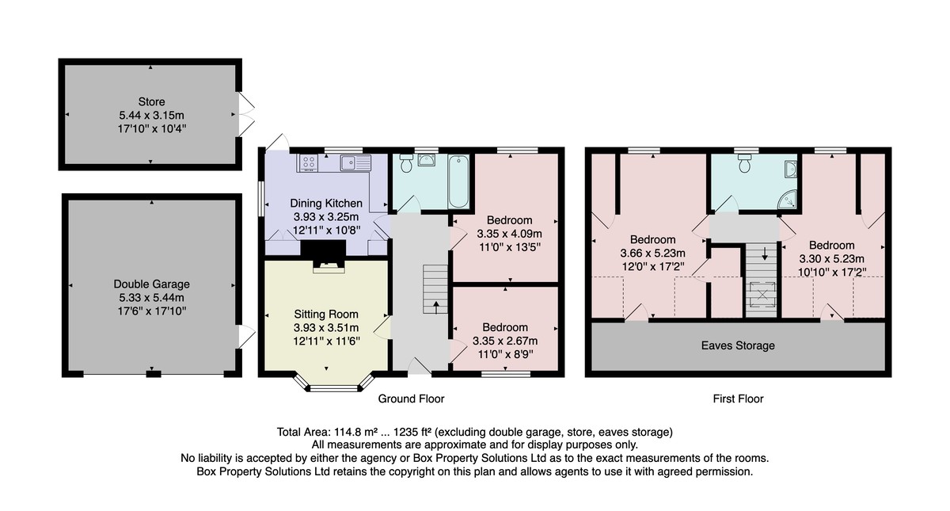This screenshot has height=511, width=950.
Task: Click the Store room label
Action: coord(151,102)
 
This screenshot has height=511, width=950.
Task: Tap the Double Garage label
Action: coord(151,284)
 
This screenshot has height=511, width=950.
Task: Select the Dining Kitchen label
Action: coord(326,204)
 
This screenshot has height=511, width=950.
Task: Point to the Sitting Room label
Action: coord(326,314)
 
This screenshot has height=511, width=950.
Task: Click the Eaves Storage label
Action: coord(738,345)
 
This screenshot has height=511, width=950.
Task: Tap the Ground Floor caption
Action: coord(411,399)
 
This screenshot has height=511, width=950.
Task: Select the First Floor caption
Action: coord(738,399)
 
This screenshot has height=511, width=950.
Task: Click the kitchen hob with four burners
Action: coord(308,162)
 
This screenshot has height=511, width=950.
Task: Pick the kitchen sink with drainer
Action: coord(355,162)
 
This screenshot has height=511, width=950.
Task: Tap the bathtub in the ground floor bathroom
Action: coord(458,181)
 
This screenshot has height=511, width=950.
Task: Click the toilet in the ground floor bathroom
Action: coord(406,163)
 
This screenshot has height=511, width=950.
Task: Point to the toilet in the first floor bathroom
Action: coord(745,163)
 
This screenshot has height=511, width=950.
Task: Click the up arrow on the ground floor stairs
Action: coord(436,307)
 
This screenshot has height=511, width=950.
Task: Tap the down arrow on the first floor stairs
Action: coord(765,254)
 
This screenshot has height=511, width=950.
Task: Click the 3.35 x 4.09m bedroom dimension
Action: coord(509,234)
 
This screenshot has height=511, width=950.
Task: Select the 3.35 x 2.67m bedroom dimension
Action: coord(505,341)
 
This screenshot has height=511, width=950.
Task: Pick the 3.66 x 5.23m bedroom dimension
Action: coord(652,254)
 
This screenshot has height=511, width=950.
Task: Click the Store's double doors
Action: coord(246,115)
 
